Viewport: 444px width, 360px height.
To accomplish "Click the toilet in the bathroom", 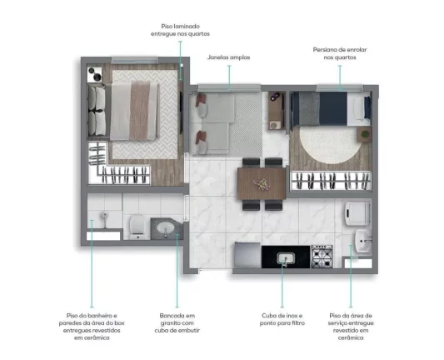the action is tap(138, 227).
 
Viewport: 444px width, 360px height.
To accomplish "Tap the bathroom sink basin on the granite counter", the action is tap(166, 227).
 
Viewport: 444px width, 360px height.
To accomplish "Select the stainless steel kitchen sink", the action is tap(286, 258).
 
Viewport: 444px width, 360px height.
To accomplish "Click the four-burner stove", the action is tap(322, 257).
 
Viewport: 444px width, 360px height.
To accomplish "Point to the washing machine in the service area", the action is tap(357, 213).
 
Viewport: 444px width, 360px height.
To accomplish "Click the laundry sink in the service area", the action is tap(363, 241).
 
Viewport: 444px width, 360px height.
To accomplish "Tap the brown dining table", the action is tap(262, 183).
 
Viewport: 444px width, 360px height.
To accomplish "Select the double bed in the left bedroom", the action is tap(133, 111).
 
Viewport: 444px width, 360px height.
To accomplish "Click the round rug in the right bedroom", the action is tap(331, 145).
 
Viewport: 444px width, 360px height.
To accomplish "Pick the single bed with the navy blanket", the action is tap(331, 109).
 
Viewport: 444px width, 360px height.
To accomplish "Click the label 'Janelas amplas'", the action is tap(228, 57).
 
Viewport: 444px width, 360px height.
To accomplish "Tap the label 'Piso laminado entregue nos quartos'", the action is tap(181, 30).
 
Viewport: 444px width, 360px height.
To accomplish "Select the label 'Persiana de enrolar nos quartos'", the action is tap(340, 53).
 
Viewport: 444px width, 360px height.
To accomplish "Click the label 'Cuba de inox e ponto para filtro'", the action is tap(282, 319).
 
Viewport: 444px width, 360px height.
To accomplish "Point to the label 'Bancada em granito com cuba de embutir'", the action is tap(177, 322).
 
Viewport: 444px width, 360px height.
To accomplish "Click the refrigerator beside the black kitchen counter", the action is tap(247, 255).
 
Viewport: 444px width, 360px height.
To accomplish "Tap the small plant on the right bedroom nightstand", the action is tap(365, 133).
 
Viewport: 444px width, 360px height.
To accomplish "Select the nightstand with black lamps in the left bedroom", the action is tap(94, 74).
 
